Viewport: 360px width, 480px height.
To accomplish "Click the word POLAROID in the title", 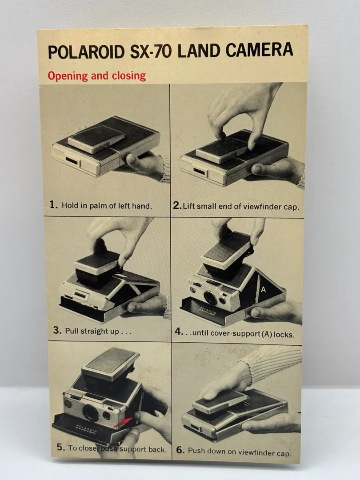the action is point(87,52).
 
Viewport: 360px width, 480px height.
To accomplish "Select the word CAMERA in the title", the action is point(260,50).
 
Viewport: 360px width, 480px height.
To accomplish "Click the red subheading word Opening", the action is point(68,76).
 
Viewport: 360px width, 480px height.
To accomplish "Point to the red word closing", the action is point(128,76).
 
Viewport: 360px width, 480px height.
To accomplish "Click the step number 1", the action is point(53,204).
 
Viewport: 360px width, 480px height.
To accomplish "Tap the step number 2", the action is point(177,205).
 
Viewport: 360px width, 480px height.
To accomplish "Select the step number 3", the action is point(57,330).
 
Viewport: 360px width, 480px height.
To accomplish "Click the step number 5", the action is point(60,447).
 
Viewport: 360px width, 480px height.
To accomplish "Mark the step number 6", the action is point(180,450).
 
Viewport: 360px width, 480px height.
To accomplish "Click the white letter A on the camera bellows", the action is point(263,289).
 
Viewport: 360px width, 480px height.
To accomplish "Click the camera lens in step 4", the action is point(210,297).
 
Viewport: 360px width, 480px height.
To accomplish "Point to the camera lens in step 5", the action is point(91,413).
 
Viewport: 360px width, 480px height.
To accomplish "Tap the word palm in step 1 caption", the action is point(99,205).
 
